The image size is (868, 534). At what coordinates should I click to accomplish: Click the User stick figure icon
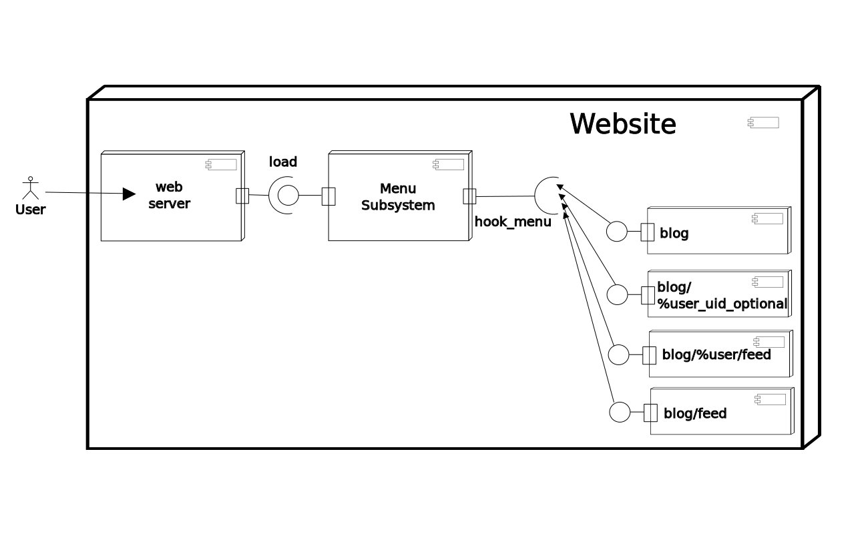(29, 188)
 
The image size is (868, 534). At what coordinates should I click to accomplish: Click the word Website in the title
(622, 124)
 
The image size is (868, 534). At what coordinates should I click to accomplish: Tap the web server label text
(169, 195)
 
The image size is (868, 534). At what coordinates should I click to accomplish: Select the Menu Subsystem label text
(398, 197)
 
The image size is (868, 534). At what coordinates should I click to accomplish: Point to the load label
(283, 162)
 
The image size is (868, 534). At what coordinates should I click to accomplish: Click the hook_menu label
(513, 222)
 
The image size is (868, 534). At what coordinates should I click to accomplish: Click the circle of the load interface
(288, 196)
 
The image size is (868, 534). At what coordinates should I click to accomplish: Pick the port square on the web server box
(242, 196)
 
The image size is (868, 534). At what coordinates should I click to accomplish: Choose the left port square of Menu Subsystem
(328, 196)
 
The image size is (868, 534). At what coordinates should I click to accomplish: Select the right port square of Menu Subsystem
(469, 196)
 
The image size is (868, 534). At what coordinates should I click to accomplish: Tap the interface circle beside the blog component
(617, 232)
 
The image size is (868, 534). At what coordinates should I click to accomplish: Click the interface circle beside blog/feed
(620, 413)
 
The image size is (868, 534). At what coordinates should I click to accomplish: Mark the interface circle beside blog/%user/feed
(619, 354)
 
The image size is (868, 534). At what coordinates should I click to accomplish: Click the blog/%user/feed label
(716, 355)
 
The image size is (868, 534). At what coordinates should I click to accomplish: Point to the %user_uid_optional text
(722, 304)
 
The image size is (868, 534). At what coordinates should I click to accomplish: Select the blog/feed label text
(695, 414)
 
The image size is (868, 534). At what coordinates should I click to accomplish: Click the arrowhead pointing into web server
(130, 194)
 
